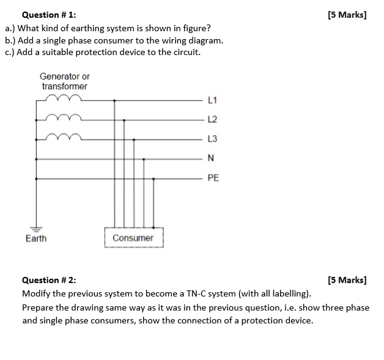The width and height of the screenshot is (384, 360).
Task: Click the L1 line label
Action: pyautogui.click(x=212, y=99)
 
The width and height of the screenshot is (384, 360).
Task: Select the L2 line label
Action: pyautogui.click(x=212, y=119)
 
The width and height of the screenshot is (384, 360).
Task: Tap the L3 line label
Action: pyautogui.click(x=212, y=139)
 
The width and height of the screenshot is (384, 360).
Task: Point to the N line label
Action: pyautogui.click(x=211, y=159)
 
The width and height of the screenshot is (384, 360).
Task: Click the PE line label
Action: pyautogui.click(x=213, y=178)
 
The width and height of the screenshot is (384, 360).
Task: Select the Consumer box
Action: pyautogui.click(x=133, y=238)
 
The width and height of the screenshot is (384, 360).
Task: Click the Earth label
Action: pyautogui.click(x=35, y=238)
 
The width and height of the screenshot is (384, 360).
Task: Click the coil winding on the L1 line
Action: pyautogui.click(x=64, y=98)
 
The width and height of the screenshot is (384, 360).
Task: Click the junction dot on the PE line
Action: pyautogui.click(x=153, y=179)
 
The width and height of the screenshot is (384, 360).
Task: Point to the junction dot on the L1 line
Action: pyautogui.click(x=114, y=100)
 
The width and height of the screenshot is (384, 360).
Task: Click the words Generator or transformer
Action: pyautogui.click(x=64, y=81)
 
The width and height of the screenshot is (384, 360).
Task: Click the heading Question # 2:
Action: pyautogui.click(x=49, y=281)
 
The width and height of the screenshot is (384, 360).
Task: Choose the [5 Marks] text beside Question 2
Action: pyautogui.click(x=347, y=281)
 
